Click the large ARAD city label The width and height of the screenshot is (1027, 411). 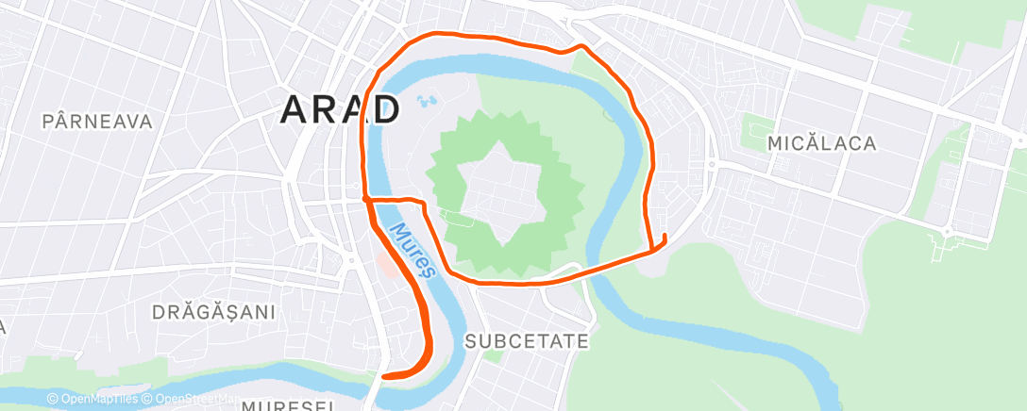click(340, 111)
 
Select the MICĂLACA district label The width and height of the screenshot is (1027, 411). click(821, 143)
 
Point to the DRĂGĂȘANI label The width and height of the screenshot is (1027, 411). click(213, 312)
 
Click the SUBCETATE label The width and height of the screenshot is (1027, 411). click(528, 340)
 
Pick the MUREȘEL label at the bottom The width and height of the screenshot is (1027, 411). click(288, 405)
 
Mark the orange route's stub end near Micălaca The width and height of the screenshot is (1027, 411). click(665, 237)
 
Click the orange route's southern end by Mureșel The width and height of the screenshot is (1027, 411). click(385, 376)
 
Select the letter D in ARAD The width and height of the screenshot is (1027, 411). click(384, 111)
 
